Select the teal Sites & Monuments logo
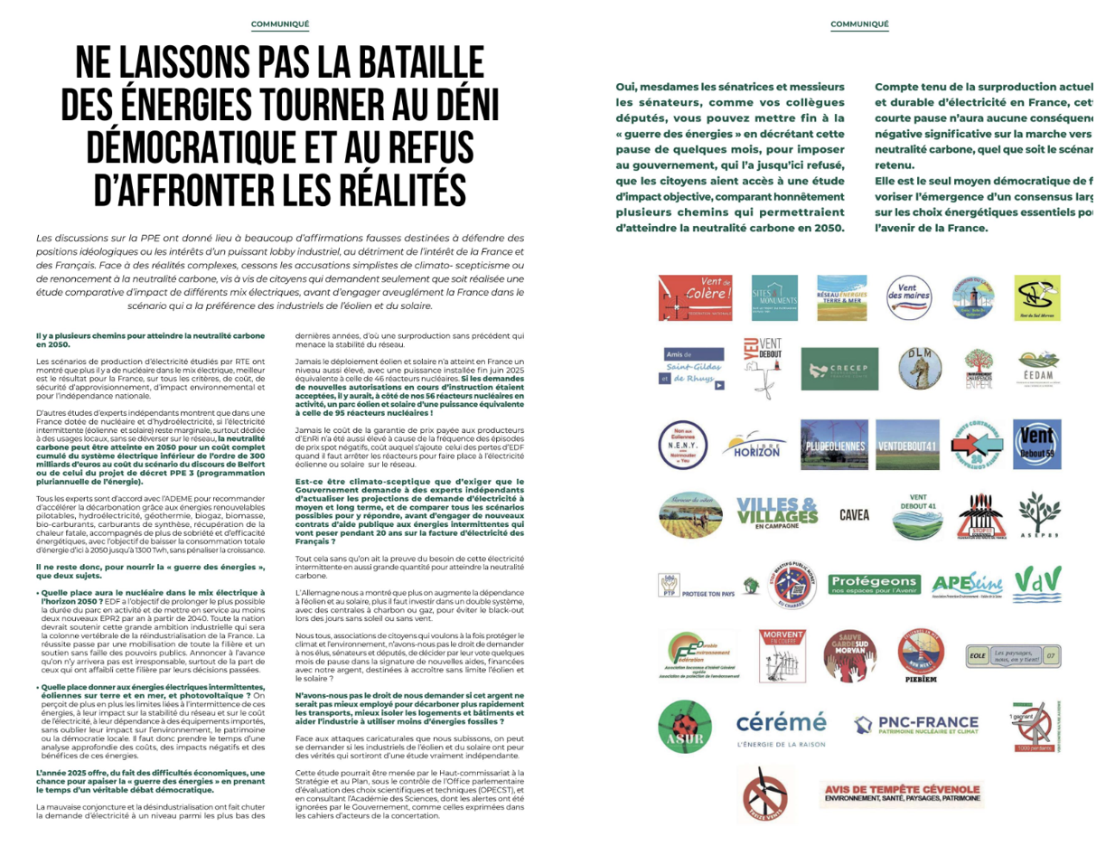774,298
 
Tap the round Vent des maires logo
907,297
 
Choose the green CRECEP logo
839,369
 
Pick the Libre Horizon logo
756,446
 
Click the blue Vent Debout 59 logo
1036,444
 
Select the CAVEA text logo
854,515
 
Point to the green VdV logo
1037,584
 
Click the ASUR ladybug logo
685,727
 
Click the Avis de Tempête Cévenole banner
902,794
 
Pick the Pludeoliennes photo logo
836,446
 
